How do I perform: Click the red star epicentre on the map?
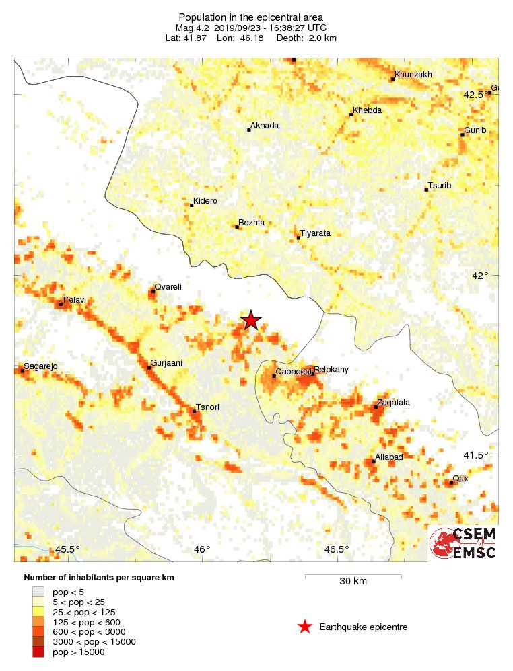pos(251,320)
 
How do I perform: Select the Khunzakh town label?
pos(413,74)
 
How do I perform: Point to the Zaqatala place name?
pos(393,402)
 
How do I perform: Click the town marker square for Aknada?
pos(249,130)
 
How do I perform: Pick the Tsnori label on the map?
pos(207,407)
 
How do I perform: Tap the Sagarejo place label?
pos(41,366)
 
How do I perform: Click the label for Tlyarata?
pos(315,233)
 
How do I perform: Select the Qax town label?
pos(460,478)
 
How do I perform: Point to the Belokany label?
pos(331,370)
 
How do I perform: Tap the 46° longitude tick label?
pos(202,549)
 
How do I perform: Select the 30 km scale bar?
pos(353,576)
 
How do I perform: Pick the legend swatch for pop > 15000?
pos(38,651)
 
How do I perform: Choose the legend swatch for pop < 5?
pos(38,592)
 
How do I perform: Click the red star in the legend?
pos(305,627)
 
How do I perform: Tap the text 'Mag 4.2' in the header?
pos(193,28)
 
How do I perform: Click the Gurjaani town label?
pos(166,363)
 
